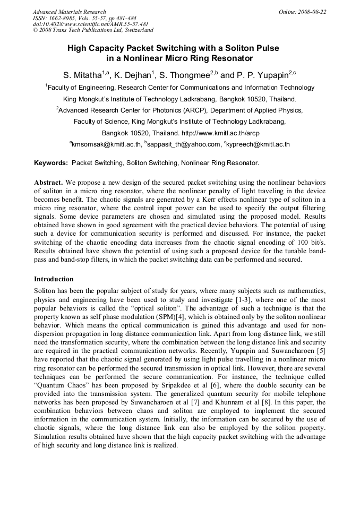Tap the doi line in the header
pyautogui.click(x=91, y=24)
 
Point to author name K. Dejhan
pyautogui.click(x=133, y=75)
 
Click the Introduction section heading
pyautogui.click(x=54, y=279)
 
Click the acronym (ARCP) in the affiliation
pyautogui.click(x=187, y=110)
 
